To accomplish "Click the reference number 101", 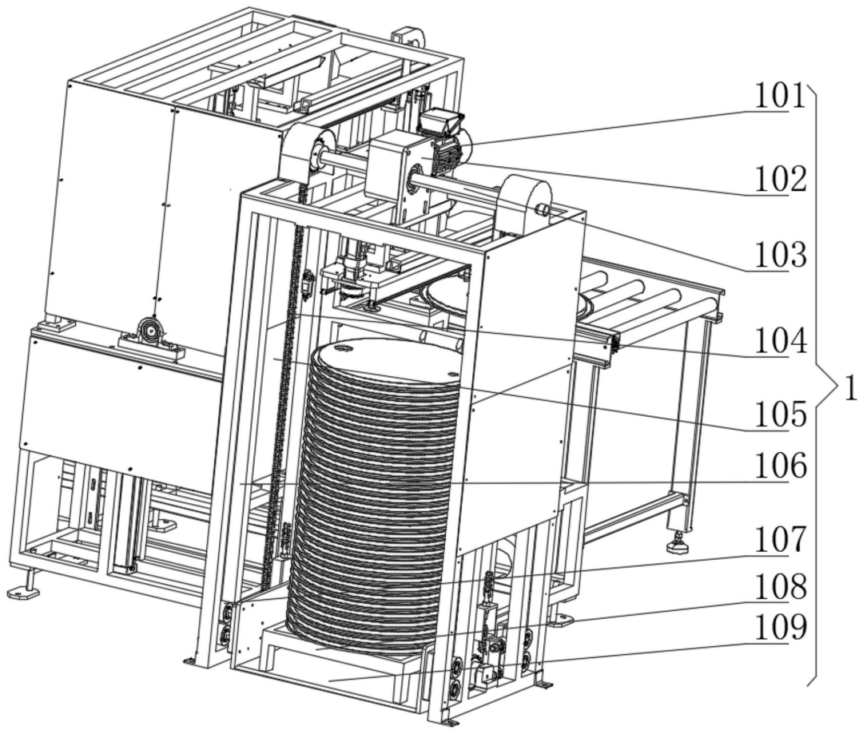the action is pyautogui.click(x=779, y=97).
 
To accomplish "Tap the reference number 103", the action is pyautogui.click(x=780, y=256).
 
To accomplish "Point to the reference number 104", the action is pyautogui.click(x=780, y=341).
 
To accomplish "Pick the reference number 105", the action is pyautogui.click(x=780, y=415).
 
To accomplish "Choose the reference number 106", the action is pyautogui.click(x=780, y=466).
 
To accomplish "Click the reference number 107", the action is pyautogui.click(x=780, y=540).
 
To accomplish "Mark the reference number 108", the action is pyautogui.click(x=780, y=588).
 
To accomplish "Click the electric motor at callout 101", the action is pyautogui.click(x=446, y=141).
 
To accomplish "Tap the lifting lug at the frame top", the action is pyautogui.click(x=408, y=36).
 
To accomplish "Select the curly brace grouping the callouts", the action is pyautogui.click(x=823, y=385).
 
